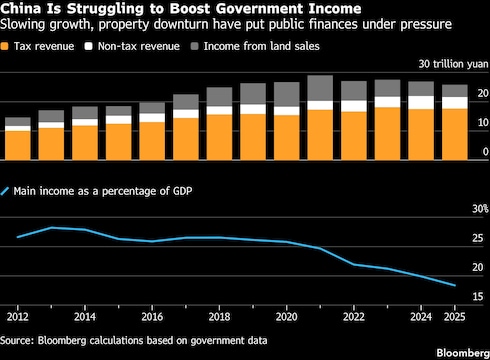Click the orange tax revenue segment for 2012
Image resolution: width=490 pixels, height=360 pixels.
click(18, 146)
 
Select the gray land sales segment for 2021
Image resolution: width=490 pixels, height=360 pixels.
click(320, 88)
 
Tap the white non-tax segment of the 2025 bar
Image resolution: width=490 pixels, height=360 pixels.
click(455, 103)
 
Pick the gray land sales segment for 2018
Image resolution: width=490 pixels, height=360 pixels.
click(219, 97)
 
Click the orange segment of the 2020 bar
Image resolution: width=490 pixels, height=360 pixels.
click(287, 138)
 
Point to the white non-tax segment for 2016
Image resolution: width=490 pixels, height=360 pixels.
click(152, 118)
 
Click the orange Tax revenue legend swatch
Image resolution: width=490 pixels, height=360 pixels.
click(4, 46)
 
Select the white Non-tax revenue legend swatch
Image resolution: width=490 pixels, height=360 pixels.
click(88, 46)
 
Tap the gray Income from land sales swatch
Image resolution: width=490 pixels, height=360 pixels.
click(194, 46)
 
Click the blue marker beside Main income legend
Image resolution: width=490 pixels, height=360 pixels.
click(5, 191)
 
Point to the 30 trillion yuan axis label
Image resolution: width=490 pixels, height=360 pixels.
click(453, 64)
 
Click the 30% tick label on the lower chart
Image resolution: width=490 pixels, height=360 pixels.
click(480, 209)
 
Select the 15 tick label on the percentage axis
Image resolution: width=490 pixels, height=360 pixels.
click(478, 296)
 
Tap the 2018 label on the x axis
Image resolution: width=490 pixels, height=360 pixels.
click(219, 317)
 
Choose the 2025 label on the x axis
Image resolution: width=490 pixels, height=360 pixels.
click(454, 317)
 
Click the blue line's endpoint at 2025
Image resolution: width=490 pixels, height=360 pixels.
click(455, 285)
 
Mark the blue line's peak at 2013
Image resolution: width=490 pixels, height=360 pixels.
click(51, 228)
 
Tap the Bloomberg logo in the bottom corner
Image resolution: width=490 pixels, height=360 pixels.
click(463, 353)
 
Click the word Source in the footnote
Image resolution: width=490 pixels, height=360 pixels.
click(16, 340)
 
